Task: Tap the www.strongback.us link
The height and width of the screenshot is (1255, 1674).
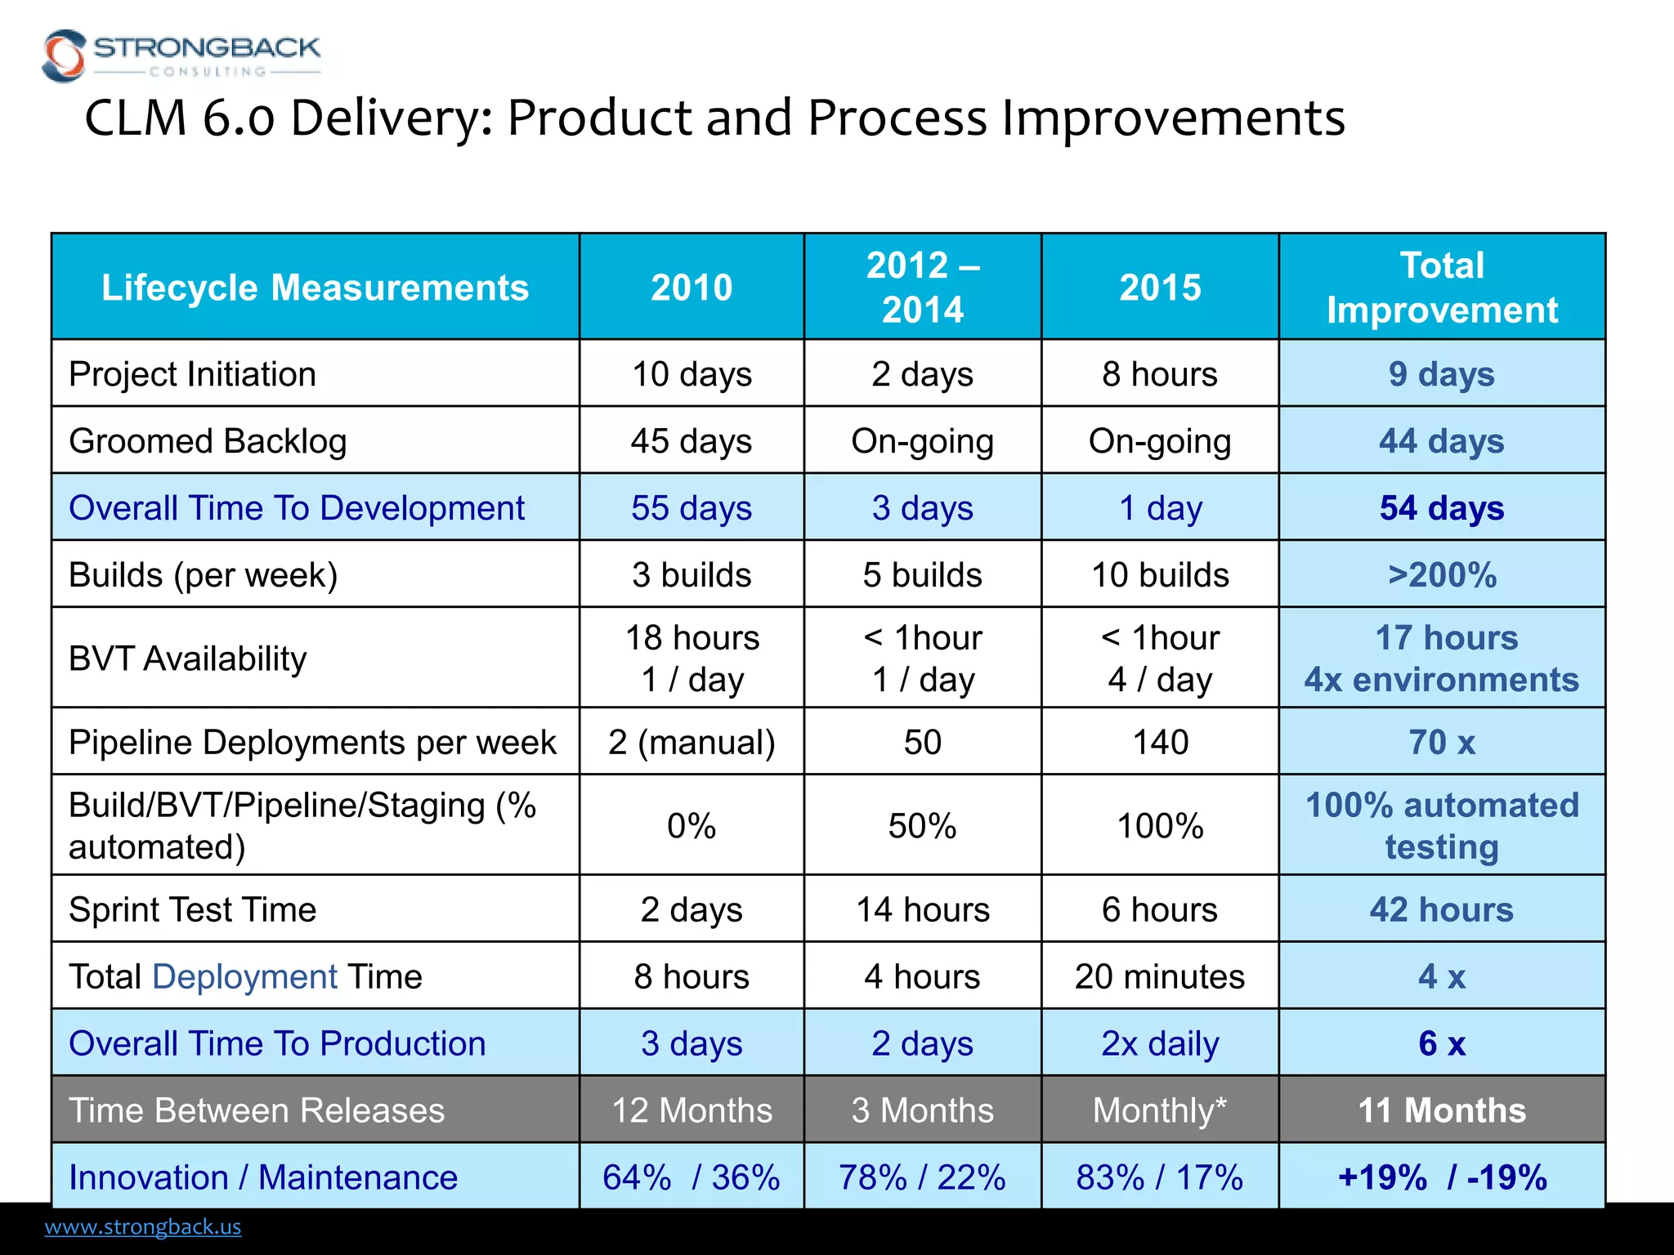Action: click(x=143, y=1226)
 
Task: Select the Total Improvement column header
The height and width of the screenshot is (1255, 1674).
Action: click(x=1442, y=288)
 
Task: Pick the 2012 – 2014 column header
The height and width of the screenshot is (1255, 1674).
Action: click(x=922, y=288)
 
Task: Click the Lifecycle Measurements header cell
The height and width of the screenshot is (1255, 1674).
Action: click(x=315, y=288)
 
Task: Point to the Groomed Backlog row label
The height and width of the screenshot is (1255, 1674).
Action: click(x=208, y=441)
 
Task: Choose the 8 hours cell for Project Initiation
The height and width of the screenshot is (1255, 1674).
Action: click(x=1159, y=374)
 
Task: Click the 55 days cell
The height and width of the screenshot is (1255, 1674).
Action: click(x=691, y=508)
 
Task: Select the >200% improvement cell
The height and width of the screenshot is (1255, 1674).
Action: click(x=1442, y=575)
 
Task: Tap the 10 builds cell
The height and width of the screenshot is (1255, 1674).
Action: click(x=1159, y=575)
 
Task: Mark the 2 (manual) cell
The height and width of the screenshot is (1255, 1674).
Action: click(x=691, y=743)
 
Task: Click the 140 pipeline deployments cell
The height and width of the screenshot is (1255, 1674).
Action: click(x=1159, y=743)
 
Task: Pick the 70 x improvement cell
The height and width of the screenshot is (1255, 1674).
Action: click(x=1442, y=743)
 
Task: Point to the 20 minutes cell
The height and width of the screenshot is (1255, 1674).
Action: click(x=1159, y=976)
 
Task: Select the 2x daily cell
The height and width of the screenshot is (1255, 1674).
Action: click(x=1159, y=1043)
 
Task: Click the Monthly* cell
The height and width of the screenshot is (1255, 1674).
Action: click(x=1159, y=1110)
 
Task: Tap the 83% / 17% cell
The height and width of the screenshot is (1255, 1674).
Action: click(x=1159, y=1177)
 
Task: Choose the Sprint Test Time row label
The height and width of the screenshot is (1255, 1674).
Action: click(x=192, y=909)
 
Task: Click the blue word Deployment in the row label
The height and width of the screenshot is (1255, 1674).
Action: click(x=244, y=976)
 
